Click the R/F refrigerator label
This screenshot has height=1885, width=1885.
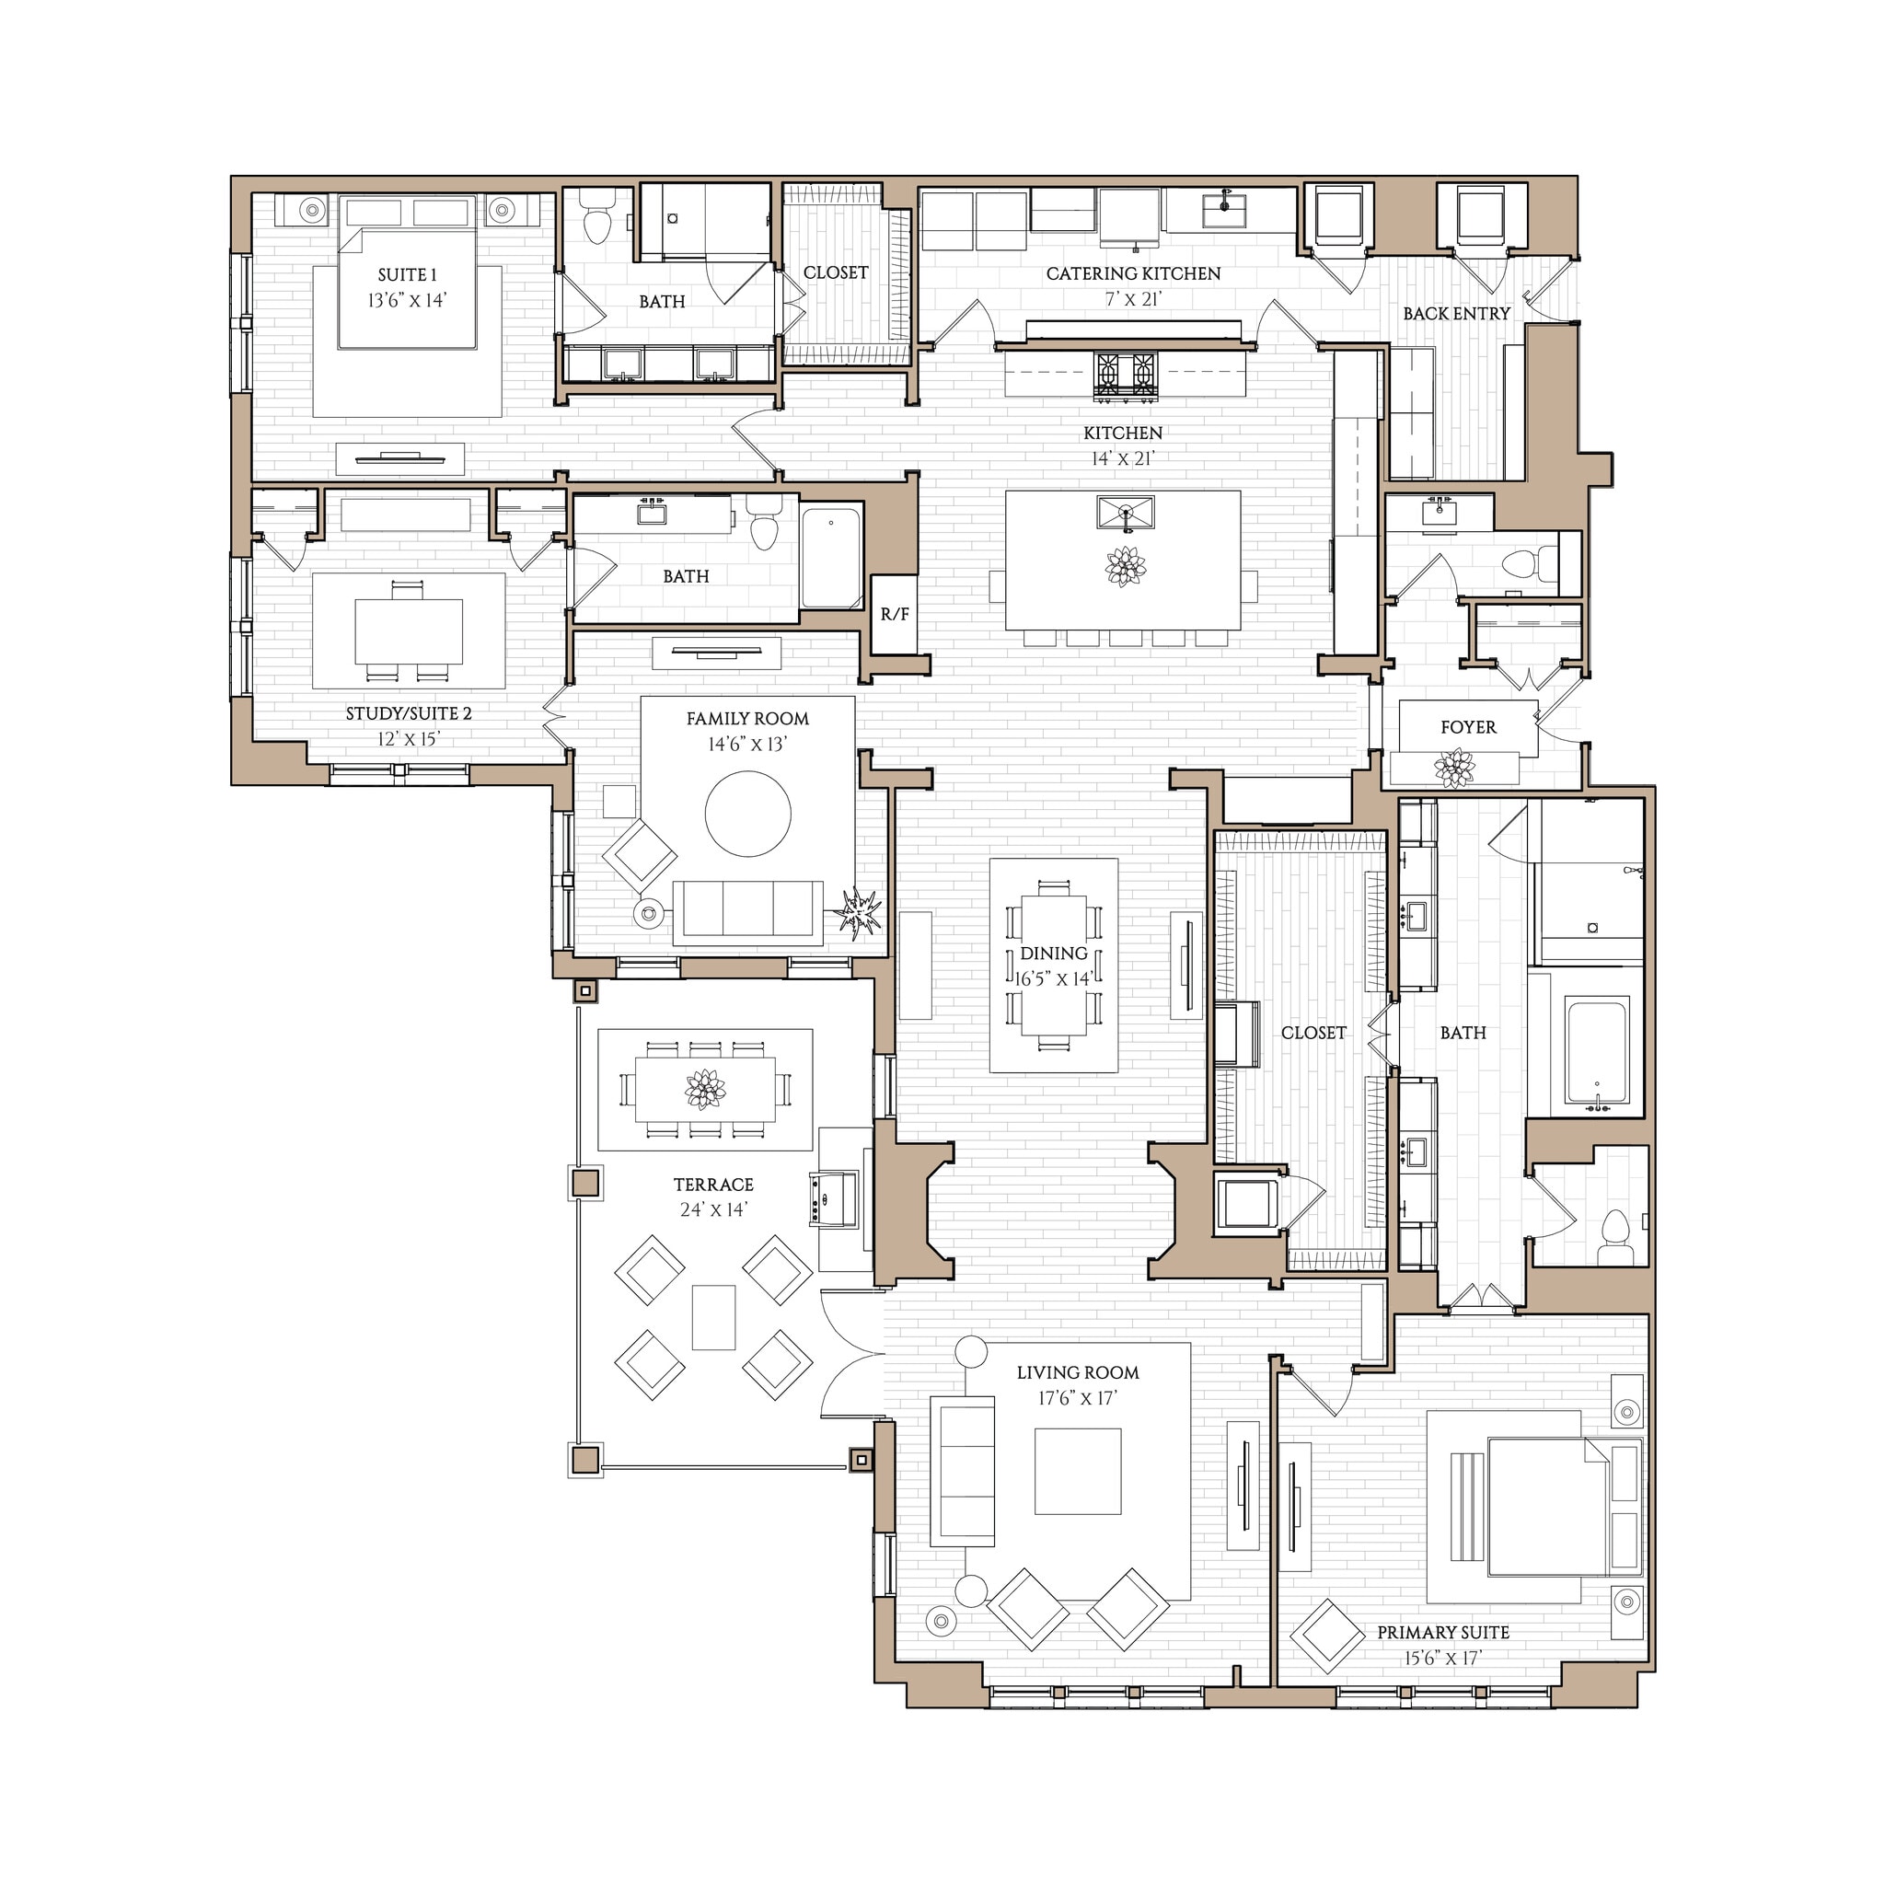(x=895, y=615)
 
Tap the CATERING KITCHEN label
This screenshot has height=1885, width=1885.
(x=1133, y=274)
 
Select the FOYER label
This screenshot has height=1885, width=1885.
(x=1467, y=727)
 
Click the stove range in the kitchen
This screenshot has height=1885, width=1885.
(x=1125, y=376)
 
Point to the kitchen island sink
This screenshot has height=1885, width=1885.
(x=1125, y=513)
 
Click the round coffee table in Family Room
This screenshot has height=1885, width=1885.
(x=747, y=814)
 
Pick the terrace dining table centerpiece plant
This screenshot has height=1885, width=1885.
(x=704, y=1089)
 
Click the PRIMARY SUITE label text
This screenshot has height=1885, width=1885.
(x=1443, y=1632)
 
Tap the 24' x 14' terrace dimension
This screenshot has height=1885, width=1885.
(x=713, y=1209)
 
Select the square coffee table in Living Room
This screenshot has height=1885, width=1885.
(x=1077, y=1472)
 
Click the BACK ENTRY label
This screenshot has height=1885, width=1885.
(x=1456, y=313)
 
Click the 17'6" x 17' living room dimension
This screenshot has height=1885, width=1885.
(x=1077, y=1398)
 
